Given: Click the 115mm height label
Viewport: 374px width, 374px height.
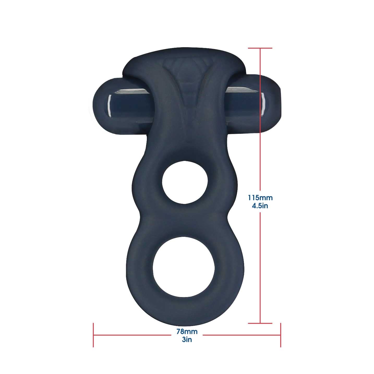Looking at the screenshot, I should click(260, 198).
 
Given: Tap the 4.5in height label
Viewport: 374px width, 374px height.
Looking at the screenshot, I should click(260, 206).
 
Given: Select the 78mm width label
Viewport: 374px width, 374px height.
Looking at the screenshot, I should click(187, 332).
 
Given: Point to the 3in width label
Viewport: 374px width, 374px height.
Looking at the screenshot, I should click(187, 340).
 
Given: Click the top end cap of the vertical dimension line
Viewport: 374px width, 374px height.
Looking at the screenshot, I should click(260, 48).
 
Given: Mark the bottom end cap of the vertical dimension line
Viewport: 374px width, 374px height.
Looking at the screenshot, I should click(260, 323).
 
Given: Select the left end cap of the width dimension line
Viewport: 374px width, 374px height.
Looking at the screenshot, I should click(93, 335).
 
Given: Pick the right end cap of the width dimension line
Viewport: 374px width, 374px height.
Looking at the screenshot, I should click(281, 335).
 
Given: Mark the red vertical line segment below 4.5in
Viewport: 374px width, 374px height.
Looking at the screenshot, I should click(260, 266).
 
